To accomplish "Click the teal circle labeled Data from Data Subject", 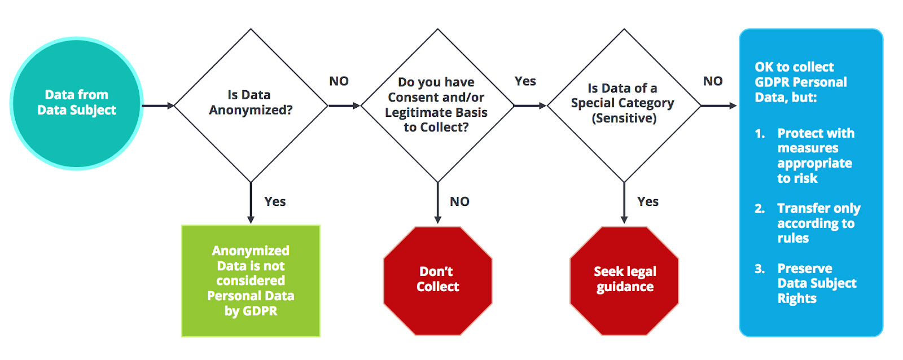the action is [x=77, y=104].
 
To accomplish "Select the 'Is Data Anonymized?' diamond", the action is [x=251, y=106].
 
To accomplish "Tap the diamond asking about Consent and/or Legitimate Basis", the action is [x=437, y=106].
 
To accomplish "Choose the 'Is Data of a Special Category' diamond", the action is [x=624, y=106].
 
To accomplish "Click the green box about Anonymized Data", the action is [x=251, y=280].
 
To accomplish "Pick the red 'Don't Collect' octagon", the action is [x=438, y=280].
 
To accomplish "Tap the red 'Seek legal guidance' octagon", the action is [x=624, y=280].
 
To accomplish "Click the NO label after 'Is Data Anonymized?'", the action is [x=339, y=81].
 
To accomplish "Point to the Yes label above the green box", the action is [x=275, y=201].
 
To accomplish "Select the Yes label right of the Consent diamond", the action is [x=525, y=81].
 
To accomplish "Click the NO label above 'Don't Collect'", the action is [x=459, y=201].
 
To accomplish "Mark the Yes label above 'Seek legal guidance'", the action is [x=648, y=201].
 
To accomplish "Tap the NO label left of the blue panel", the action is [x=713, y=81].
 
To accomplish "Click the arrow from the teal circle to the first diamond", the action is [x=158, y=106].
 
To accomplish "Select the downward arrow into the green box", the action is [x=251, y=203].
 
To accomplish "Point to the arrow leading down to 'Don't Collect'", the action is [x=438, y=203].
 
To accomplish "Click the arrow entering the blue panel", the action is [x=719, y=106].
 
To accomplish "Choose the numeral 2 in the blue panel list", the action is [x=760, y=208].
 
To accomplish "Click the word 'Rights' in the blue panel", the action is [x=797, y=298].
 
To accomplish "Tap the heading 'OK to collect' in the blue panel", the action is [x=794, y=67].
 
